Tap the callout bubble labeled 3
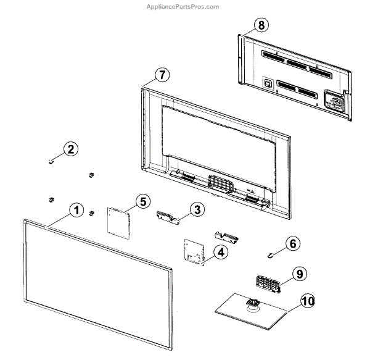(x=197, y=210)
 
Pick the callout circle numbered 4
(x=220, y=252)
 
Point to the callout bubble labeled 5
(x=142, y=201)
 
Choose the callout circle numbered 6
(x=293, y=243)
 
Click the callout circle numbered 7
(x=161, y=75)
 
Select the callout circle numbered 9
(x=299, y=273)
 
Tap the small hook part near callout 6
(x=272, y=253)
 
